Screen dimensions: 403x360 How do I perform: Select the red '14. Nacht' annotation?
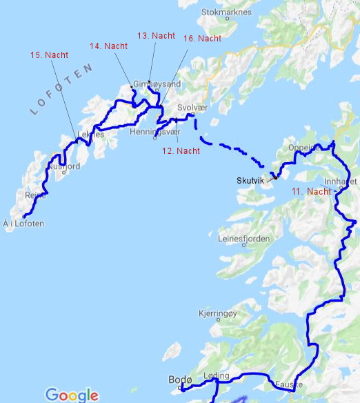tap(108, 46)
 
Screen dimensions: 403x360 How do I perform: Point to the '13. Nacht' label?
tap(156, 35)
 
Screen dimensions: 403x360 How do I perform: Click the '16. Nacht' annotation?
tap(203, 39)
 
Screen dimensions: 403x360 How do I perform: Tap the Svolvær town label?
tap(192, 108)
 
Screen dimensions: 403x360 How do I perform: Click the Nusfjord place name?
tap(65, 166)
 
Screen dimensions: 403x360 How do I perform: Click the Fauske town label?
tap(288, 384)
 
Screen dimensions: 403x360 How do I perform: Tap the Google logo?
tap(72, 395)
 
